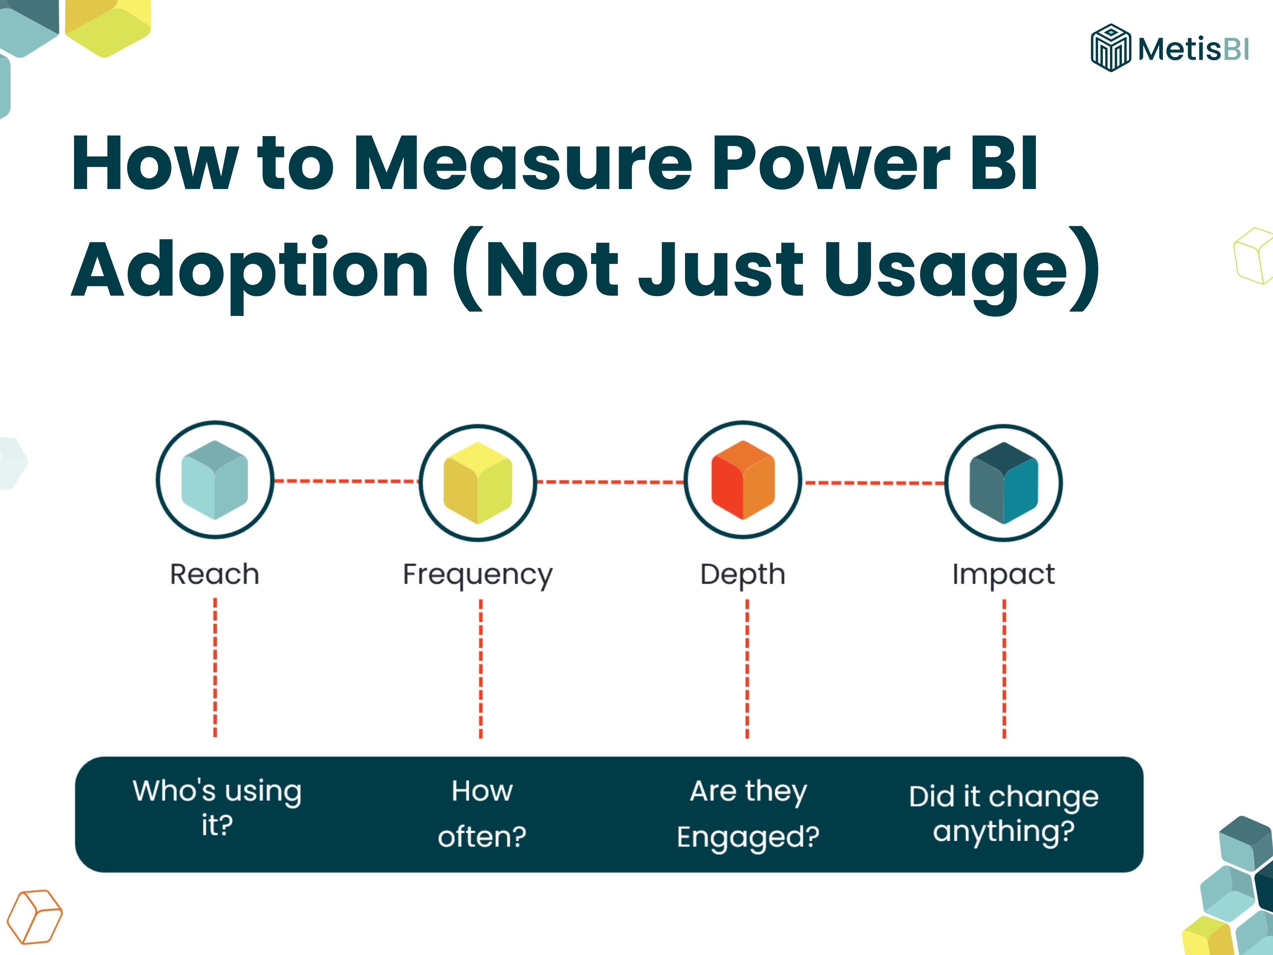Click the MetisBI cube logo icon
pyautogui.click(x=1110, y=48)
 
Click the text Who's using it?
pyautogui.click(x=217, y=807)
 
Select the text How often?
pyautogui.click(x=482, y=813)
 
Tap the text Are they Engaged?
pyautogui.click(x=748, y=813)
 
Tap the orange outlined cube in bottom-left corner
pyautogui.click(x=35, y=917)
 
